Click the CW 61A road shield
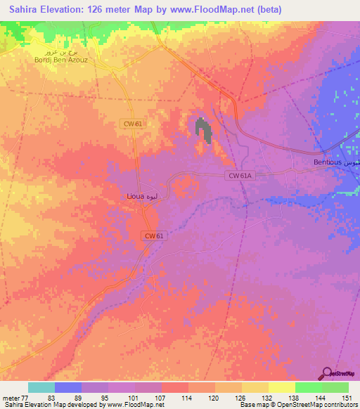pyautogui.click(x=239, y=176)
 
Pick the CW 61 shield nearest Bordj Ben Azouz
pyautogui.click(x=131, y=124)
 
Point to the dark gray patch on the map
pyautogui.click(x=203, y=130)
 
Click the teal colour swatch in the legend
pyautogui.click(x=41, y=387)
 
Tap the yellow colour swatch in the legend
pyautogui.click(x=281, y=387)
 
